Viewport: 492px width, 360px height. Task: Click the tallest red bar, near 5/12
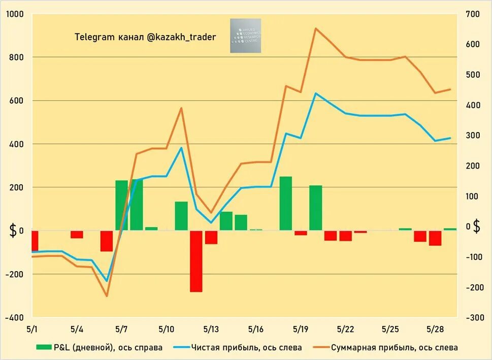196,261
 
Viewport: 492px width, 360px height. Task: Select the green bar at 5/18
286,203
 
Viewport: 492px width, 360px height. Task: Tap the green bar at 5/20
316,208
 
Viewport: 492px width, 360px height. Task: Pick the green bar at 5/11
181,216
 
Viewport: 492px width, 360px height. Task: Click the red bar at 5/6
107,241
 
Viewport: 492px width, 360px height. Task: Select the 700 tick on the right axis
472,14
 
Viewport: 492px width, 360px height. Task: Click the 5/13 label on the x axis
211,329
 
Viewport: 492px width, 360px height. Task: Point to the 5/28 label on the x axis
435,329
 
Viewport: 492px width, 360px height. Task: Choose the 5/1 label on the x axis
31,329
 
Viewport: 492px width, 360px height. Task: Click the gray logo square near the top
245,36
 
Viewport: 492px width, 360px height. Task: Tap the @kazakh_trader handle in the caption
181,37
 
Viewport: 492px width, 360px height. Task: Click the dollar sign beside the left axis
13,231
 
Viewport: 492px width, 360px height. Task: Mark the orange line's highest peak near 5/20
316,28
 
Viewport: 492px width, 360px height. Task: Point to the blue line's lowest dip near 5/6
107,281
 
